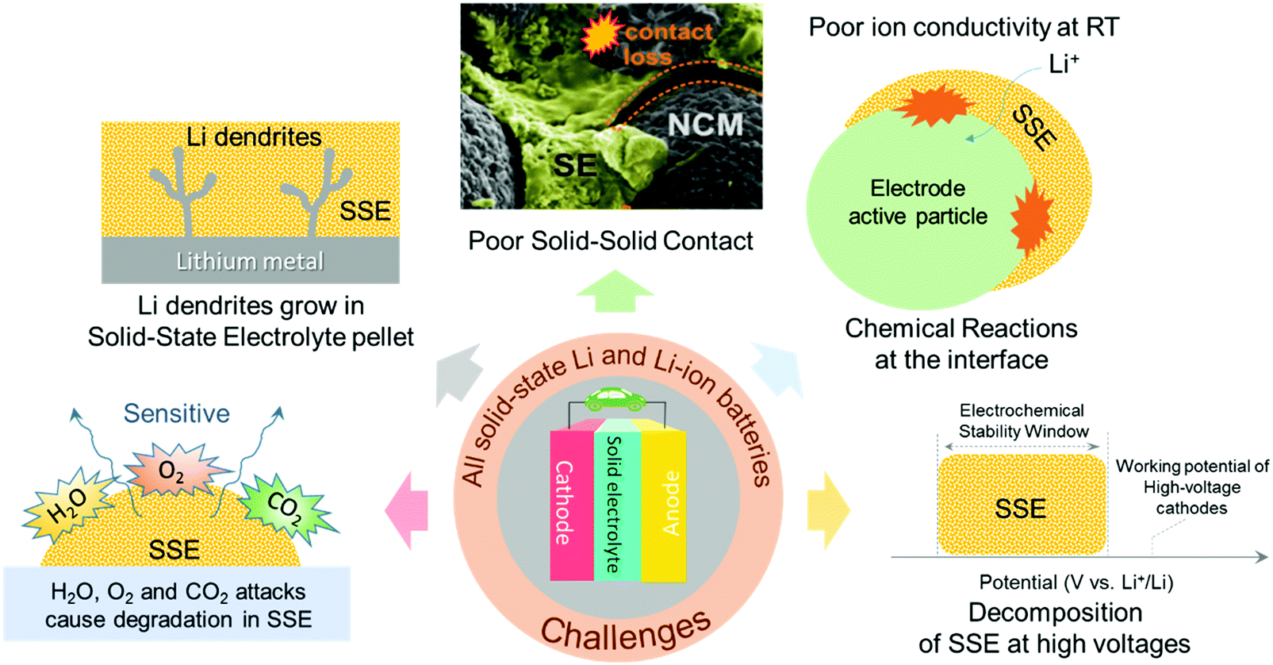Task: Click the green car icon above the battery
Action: pyautogui.click(x=615, y=399)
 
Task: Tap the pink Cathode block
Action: pyautogui.click(x=571, y=505)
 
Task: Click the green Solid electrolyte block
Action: pyautogui.click(x=617, y=505)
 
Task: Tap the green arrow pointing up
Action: pyautogui.click(x=615, y=291)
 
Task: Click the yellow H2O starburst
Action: pyautogui.click(x=67, y=503)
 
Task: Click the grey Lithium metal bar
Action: pyautogui.click(x=250, y=260)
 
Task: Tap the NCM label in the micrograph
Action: pyautogui.click(x=705, y=125)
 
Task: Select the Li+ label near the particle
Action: pyautogui.click(x=1064, y=64)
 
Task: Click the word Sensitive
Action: pyautogui.click(x=176, y=413)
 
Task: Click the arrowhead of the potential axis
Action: pyautogui.click(x=1260, y=557)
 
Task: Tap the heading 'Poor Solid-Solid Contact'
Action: pyautogui.click(x=610, y=240)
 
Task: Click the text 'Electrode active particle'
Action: pyautogui.click(x=918, y=202)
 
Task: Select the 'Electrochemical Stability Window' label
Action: pyautogui.click(x=1022, y=421)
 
